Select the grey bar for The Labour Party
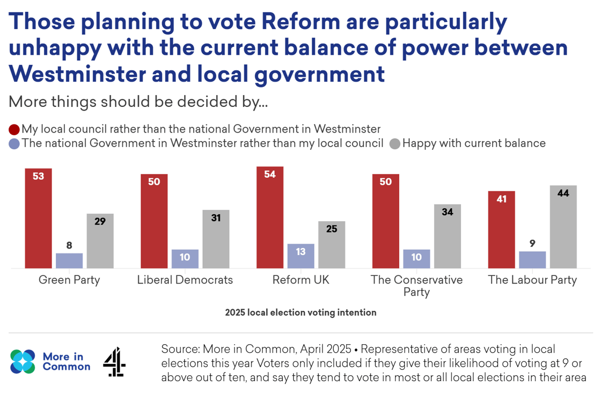(x=563, y=227)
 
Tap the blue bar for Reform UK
(x=300, y=256)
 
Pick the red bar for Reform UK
(x=270, y=217)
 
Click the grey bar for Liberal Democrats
(x=216, y=239)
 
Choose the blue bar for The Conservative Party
(x=416, y=259)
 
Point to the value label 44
(x=563, y=193)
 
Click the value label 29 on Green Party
(x=100, y=221)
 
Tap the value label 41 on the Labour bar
(x=501, y=199)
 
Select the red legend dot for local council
(x=14, y=129)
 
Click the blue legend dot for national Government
(x=14, y=144)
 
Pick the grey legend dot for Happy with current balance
(x=395, y=144)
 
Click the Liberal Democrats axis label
(x=185, y=280)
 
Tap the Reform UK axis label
(x=300, y=280)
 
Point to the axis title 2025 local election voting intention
(x=300, y=312)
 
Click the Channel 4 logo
(x=114, y=361)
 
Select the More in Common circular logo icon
(x=23, y=361)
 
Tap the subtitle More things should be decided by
(x=138, y=101)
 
